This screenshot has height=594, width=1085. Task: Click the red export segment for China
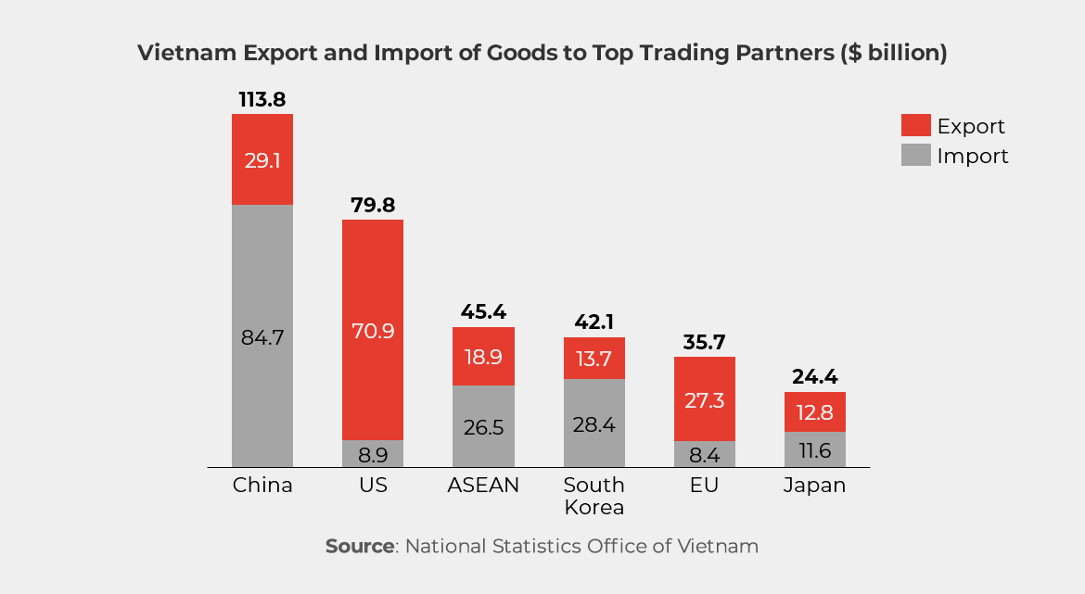[x=262, y=159]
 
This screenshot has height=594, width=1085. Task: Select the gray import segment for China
[x=262, y=335]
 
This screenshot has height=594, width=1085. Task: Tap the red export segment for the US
[x=373, y=330]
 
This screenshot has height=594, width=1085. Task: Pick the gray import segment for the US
[x=373, y=454]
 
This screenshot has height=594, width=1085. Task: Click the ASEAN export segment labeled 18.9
[x=483, y=357]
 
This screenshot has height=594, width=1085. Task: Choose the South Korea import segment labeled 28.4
[x=594, y=423]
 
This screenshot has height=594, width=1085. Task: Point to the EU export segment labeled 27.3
[x=704, y=399]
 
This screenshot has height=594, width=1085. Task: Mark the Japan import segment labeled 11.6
[x=814, y=449]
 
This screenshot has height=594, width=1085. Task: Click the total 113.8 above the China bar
[x=262, y=98]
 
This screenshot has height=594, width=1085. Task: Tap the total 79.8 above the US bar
[x=373, y=204]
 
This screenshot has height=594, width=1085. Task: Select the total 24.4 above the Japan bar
[x=814, y=376]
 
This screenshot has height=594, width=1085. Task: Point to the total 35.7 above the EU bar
[x=704, y=341]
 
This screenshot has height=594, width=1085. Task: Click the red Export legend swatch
[x=914, y=126]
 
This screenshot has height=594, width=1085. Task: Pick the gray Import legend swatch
[x=914, y=156]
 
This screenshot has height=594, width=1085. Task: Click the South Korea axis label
[x=594, y=496]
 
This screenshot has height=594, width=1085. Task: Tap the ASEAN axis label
[x=483, y=486]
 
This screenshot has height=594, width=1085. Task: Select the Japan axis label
[x=814, y=486]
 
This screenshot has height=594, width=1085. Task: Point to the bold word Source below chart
[x=359, y=546]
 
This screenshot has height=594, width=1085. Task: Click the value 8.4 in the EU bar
[x=704, y=454]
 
